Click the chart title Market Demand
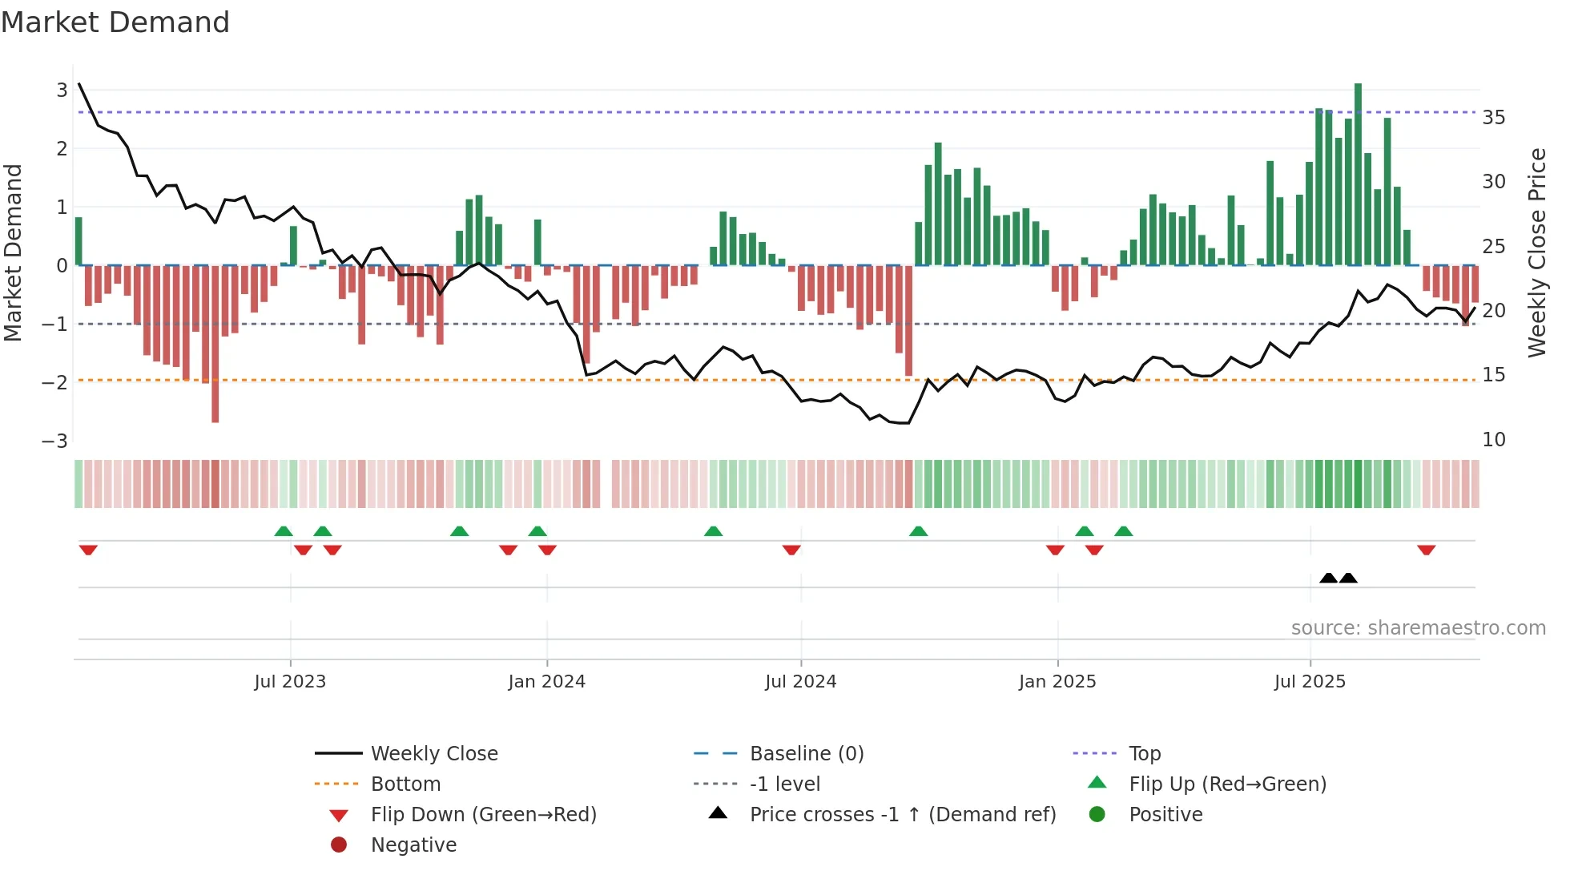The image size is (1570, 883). click(115, 22)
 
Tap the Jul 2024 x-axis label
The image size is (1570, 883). click(800, 682)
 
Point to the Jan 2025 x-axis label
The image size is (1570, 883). click(1057, 682)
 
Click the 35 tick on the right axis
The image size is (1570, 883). click(1493, 118)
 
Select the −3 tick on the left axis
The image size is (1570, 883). click(54, 441)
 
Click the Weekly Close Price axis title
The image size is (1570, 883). click(1536, 252)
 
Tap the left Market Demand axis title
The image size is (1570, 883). click(13, 252)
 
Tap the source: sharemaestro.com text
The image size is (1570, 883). click(1418, 628)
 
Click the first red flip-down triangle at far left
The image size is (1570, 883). click(88, 550)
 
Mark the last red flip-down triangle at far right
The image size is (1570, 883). click(1426, 550)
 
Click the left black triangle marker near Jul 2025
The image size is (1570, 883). click(1328, 578)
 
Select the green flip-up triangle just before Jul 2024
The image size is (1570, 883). click(713, 531)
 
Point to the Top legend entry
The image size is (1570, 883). click(1144, 754)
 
